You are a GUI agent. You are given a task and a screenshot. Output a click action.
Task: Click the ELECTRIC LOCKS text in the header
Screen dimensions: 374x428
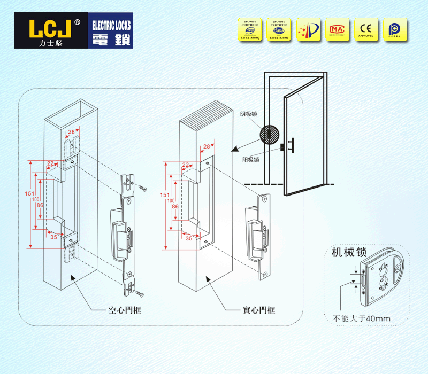(x=111, y=26)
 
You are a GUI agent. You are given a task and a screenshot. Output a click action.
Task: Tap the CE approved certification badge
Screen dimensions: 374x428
(x=366, y=30)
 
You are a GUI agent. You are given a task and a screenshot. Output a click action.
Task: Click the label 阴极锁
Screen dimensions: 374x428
(x=249, y=114)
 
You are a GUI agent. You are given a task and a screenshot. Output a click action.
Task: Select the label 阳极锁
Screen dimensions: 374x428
(x=250, y=160)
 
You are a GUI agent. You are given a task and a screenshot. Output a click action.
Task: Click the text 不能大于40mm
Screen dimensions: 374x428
(x=362, y=319)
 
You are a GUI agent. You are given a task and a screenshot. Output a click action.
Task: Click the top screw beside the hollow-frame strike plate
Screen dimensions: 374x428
(x=143, y=188)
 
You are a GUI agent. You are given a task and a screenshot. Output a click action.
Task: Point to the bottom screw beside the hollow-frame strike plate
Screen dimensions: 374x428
(x=140, y=294)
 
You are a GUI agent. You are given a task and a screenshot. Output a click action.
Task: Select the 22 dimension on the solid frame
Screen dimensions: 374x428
(x=186, y=165)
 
